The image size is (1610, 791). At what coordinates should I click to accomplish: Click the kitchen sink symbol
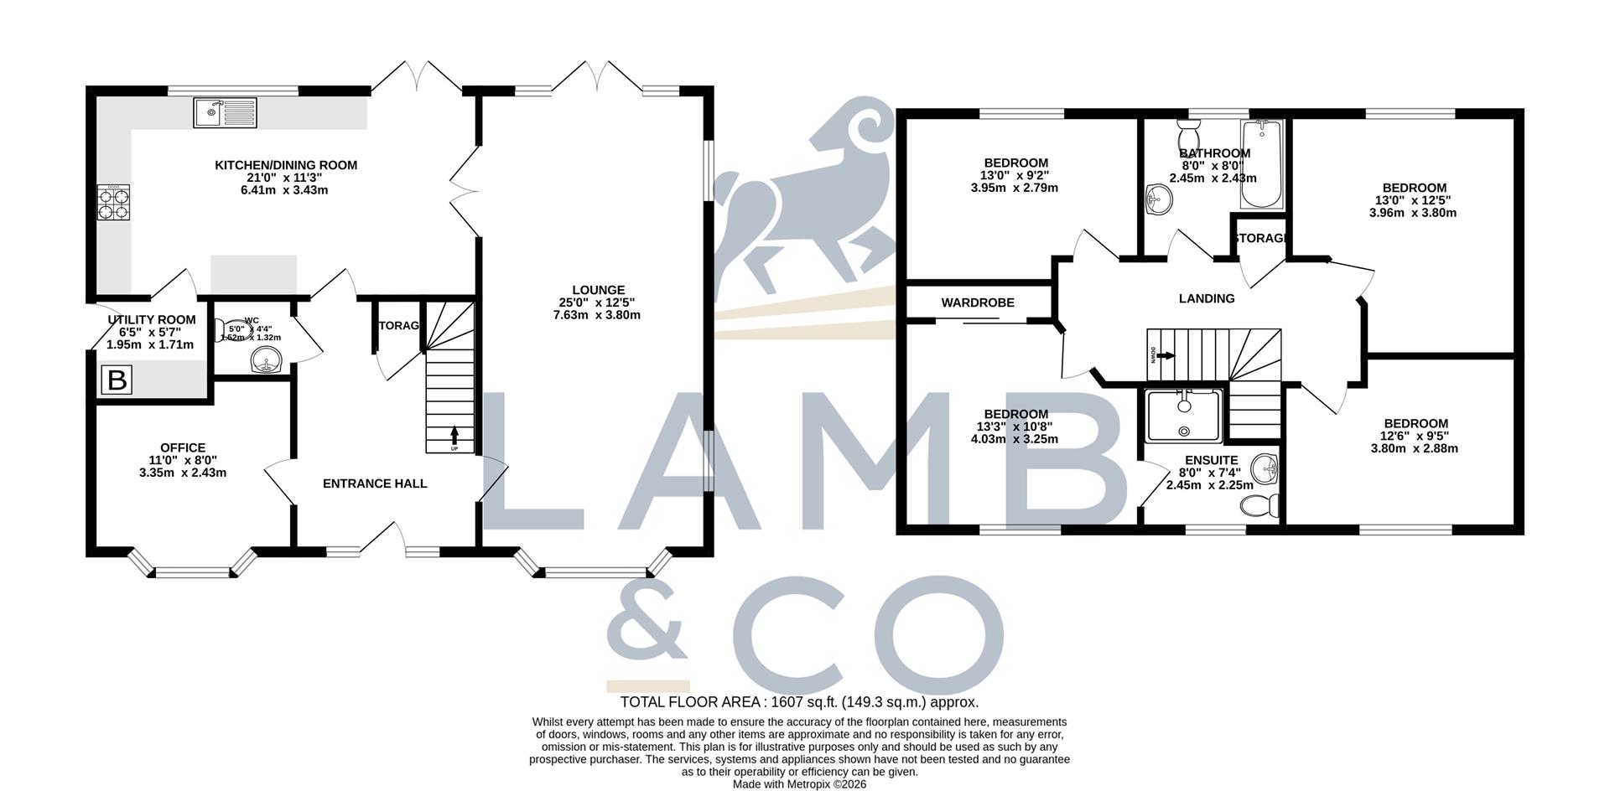pyautogui.click(x=225, y=112)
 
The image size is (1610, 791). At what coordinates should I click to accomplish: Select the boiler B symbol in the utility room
pyautogui.click(x=117, y=381)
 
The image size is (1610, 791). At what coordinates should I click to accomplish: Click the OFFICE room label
pyautogui.click(x=183, y=448)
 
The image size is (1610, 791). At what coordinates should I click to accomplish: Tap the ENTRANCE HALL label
pyautogui.click(x=375, y=483)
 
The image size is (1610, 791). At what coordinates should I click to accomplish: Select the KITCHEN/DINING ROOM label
pyautogui.click(x=286, y=165)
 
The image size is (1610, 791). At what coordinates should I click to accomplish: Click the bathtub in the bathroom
pyautogui.click(x=1261, y=164)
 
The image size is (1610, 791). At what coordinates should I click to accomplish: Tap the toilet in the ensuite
pyautogui.click(x=1260, y=505)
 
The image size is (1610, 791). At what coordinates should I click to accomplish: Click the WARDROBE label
pyautogui.click(x=978, y=302)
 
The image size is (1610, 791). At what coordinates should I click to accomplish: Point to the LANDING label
pyautogui.click(x=1207, y=298)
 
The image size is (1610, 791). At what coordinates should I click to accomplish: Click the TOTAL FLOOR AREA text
pyautogui.click(x=799, y=702)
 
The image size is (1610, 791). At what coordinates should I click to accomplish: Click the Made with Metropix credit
pyautogui.click(x=799, y=784)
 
